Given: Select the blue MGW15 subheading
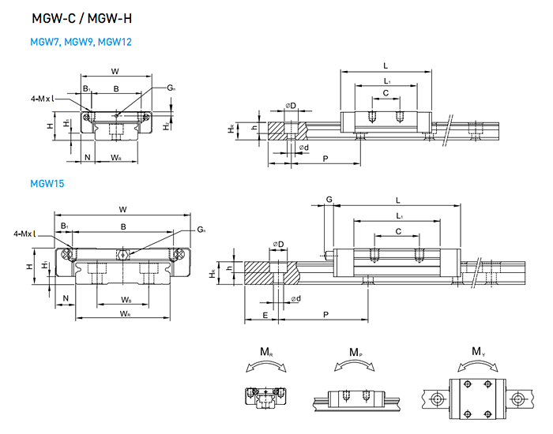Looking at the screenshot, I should click(47, 184).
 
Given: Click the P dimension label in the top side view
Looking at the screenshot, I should click(326, 159).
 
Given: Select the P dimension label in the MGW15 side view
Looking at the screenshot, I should click(326, 315).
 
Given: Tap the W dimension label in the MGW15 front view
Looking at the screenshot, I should click(122, 209).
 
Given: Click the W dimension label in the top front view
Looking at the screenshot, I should click(115, 71).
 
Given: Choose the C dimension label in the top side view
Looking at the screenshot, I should click(386, 92).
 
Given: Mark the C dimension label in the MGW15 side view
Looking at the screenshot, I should click(397, 231).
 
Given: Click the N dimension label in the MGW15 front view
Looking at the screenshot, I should click(66, 298).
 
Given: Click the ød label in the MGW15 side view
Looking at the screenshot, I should click(294, 299).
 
